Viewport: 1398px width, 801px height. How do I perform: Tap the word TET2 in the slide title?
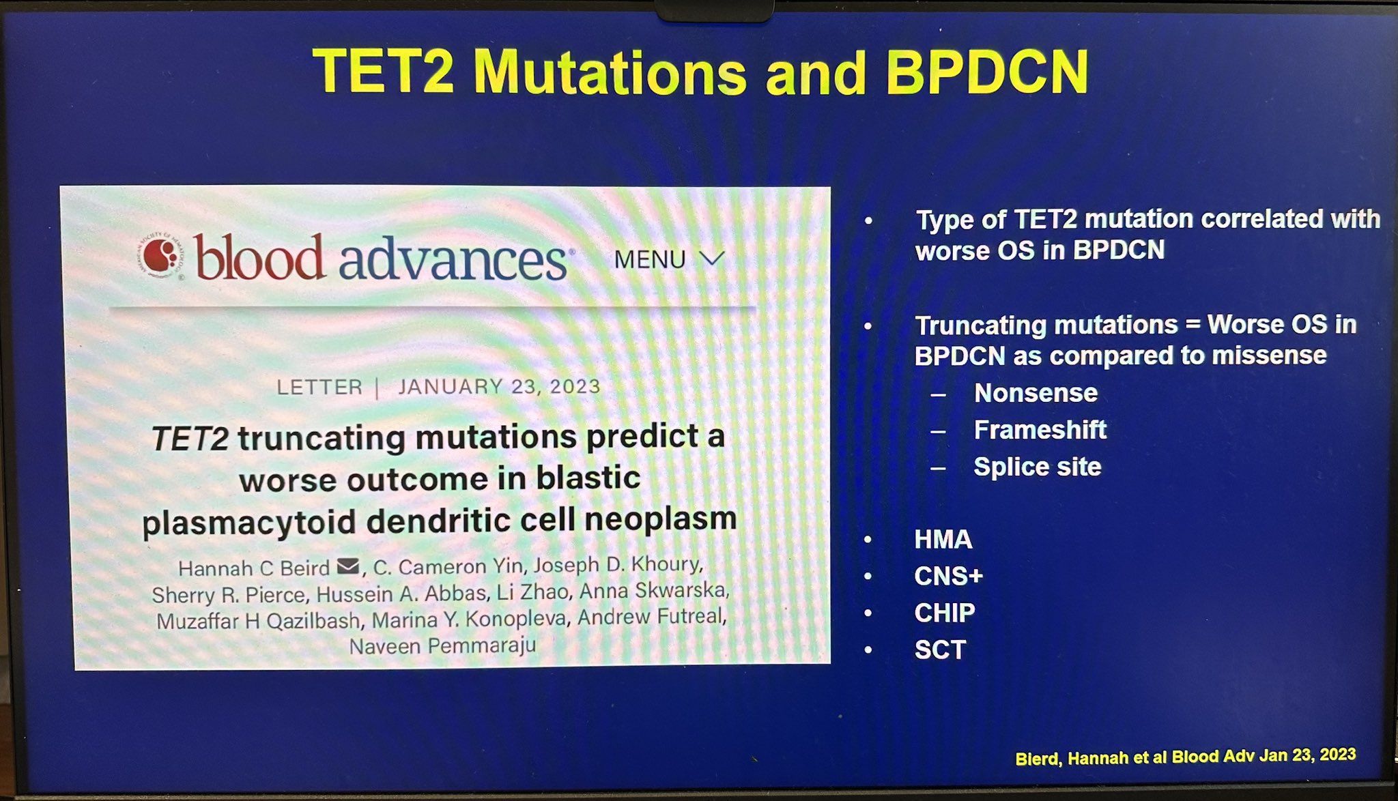pyautogui.click(x=384, y=70)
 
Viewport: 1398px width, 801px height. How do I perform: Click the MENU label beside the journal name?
pyautogui.click(x=650, y=260)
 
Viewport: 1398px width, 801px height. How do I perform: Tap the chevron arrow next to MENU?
pyautogui.click(x=712, y=259)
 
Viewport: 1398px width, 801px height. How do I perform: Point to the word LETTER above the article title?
pyautogui.click(x=319, y=387)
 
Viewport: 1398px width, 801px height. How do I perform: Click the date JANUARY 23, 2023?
pyautogui.click(x=499, y=386)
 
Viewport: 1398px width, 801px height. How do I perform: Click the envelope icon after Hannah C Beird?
pyautogui.click(x=348, y=566)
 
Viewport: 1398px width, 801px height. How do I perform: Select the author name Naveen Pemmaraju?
pyautogui.click(x=442, y=645)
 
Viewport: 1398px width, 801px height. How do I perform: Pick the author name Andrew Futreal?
pyautogui.click(x=651, y=617)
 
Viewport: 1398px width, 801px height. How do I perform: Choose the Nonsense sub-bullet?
pyautogui.click(x=1036, y=393)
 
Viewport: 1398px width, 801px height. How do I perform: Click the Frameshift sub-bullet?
pyautogui.click(x=1040, y=430)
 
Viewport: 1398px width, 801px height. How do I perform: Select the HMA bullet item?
pyautogui.click(x=943, y=540)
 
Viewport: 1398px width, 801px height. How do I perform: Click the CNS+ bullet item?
pyautogui.click(x=948, y=577)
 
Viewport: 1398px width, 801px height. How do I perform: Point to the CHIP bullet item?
pyautogui.click(x=945, y=613)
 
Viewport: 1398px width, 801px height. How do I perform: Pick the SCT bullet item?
pyautogui.click(x=941, y=650)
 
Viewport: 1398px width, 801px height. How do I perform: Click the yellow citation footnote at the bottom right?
pyautogui.click(x=1185, y=756)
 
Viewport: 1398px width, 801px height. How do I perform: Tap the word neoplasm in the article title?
pyautogui.click(x=660, y=519)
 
